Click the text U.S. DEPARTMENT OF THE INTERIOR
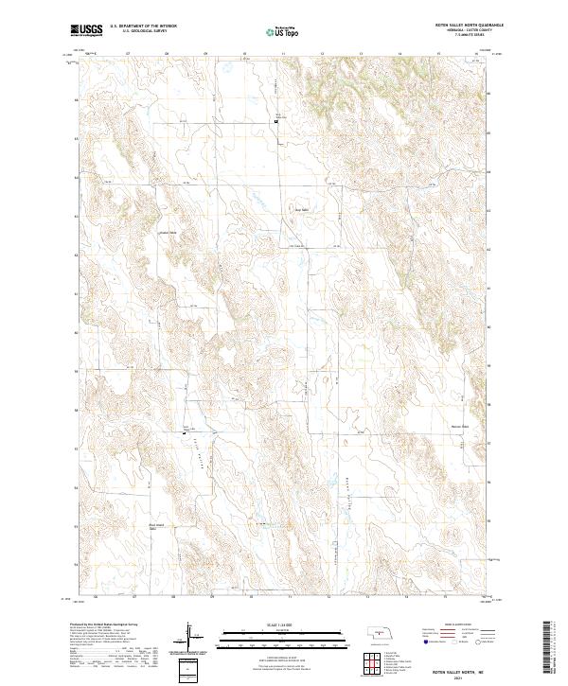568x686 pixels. tap(143, 26)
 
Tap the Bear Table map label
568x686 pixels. tap(304, 210)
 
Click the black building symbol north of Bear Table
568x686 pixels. tap(276, 121)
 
